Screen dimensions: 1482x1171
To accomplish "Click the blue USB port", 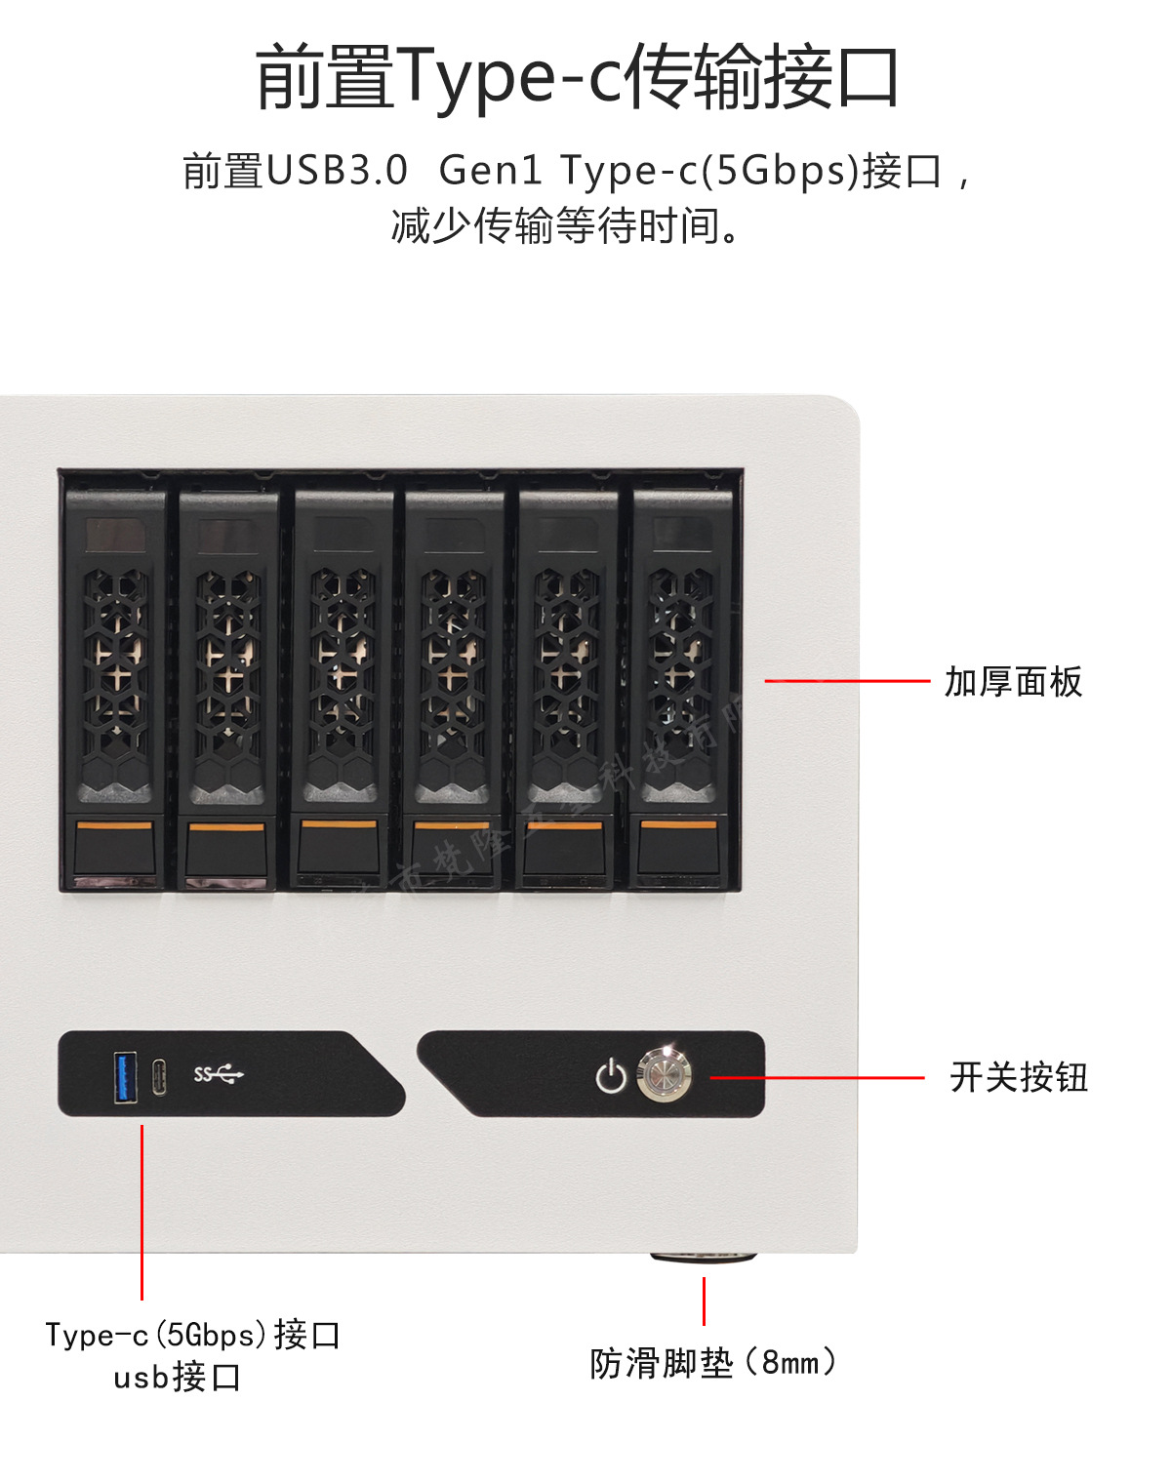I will (x=126, y=1076).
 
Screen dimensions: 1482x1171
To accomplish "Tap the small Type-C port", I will (x=159, y=1077).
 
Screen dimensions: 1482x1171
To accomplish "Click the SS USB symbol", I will (x=218, y=1075).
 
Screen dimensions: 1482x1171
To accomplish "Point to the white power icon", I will (x=611, y=1076).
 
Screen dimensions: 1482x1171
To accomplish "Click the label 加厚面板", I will (x=1013, y=682).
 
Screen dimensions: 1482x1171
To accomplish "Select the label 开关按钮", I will (x=1018, y=1077).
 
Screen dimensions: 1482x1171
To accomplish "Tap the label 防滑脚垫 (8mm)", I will (x=712, y=1363).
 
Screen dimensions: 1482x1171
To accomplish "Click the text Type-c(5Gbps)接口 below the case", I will (x=192, y=1334).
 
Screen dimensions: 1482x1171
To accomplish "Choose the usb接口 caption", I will (x=177, y=1377).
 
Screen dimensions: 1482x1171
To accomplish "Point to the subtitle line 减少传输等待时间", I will (x=566, y=226).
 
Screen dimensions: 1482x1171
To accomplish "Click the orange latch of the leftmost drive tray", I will (x=114, y=826).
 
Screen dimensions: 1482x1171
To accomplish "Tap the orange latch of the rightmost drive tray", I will (x=678, y=826).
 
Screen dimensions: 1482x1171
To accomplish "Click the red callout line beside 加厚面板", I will (x=847, y=681).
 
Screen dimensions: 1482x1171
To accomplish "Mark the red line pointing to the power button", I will (x=816, y=1078).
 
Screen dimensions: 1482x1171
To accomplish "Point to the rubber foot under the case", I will (x=703, y=1258).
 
